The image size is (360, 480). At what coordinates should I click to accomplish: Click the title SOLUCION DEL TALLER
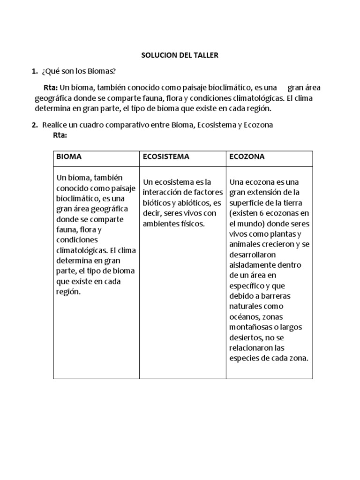pos(180,55)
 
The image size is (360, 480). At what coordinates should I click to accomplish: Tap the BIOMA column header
pos(69,157)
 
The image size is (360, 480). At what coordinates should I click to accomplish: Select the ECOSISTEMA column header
pos(166,157)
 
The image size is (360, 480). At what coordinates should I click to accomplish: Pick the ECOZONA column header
pos(247,157)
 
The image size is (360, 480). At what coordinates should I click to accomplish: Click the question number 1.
pos(34,71)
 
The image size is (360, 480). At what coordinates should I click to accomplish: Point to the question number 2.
pos(34,125)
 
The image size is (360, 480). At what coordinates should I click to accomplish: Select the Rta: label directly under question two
pos(60,135)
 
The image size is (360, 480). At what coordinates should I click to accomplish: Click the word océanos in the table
pos(243,317)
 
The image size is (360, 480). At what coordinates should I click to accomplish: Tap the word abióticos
pos(192,203)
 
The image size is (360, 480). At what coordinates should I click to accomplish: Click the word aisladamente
pos(251,265)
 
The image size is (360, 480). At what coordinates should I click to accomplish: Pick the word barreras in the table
pos(276,296)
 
